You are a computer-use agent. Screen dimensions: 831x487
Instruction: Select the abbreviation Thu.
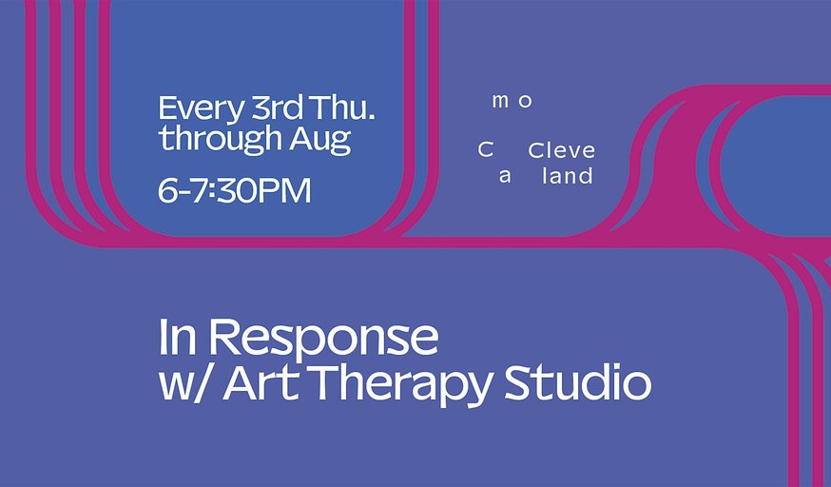(x=343, y=107)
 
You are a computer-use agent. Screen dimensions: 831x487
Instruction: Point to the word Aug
(x=320, y=141)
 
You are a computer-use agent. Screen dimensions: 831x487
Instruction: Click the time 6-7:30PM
(x=234, y=191)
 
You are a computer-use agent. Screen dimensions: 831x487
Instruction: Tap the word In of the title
(x=178, y=337)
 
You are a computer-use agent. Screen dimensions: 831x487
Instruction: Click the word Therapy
(x=402, y=385)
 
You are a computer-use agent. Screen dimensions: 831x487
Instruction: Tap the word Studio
(x=577, y=381)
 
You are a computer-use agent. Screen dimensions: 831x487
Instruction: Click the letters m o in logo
(x=512, y=101)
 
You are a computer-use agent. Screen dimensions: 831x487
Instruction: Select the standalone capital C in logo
(x=486, y=150)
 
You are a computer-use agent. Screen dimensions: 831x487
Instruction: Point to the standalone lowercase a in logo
(x=505, y=177)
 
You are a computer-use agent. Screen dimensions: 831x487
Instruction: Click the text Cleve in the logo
(x=562, y=150)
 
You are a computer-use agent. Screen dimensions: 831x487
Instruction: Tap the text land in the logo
(x=567, y=175)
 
